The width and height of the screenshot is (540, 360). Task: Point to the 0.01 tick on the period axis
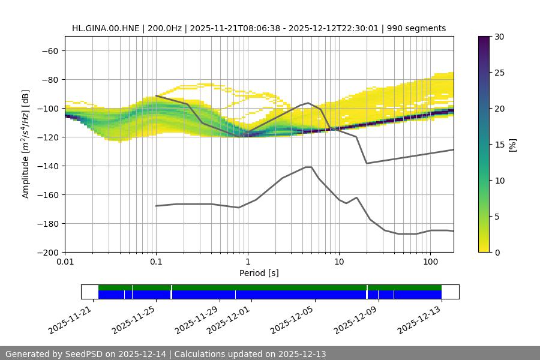tap(65, 262)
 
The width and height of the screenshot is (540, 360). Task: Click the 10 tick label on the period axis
tap(339, 262)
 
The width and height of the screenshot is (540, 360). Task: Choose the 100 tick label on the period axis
tap(430, 262)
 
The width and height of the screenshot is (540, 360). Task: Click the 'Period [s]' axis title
tap(259, 273)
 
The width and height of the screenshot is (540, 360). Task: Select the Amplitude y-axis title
tap(26, 144)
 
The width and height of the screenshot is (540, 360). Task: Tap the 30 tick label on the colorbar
tap(499, 37)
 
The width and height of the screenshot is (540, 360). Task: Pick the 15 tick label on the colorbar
tap(499, 145)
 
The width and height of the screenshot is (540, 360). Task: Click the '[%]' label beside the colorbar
tap(512, 145)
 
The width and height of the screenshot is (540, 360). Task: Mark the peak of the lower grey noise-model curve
tap(308, 167)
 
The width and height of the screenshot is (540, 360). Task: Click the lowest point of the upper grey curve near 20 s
tap(367, 163)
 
